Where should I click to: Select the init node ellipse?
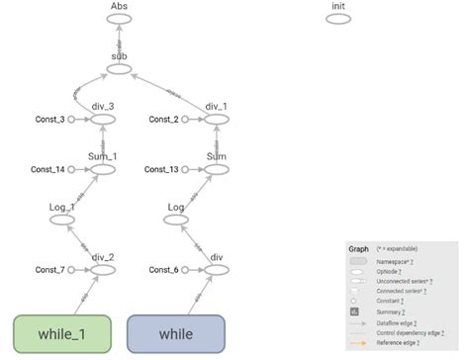click(x=339, y=20)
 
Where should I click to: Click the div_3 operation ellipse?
click(x=103, y=121)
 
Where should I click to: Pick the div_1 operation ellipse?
click(x=217, y=121)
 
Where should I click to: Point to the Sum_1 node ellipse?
click(x=103, y=170)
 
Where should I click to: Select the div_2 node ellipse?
click(x=103, y=270)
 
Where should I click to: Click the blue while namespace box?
click(x=177, y=333)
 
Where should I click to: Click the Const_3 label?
click(x=49, y=121)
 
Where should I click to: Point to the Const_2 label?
click(x=163, y=121)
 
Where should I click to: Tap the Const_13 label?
click(x=161, y=170)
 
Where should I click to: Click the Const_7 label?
click(x=49, y=270)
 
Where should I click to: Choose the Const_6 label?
click(x=163, y=270)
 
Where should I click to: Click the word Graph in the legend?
click(x=358, y=248)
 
